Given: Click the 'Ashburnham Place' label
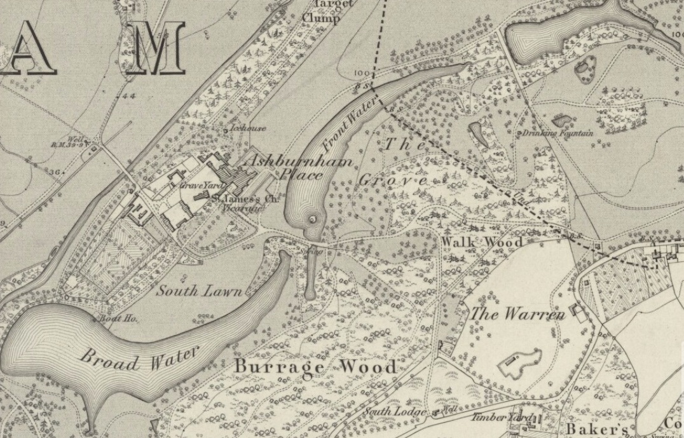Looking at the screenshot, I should point(298,167).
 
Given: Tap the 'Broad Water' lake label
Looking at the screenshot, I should point(139,357).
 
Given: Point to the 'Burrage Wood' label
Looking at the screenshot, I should point(316,367).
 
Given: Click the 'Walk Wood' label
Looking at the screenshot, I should point(482,242).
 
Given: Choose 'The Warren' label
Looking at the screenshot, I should point(517,314).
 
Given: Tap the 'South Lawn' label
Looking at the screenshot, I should point(199,291).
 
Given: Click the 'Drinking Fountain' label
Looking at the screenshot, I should point(557,133).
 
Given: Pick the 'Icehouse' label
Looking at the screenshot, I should point(248,128).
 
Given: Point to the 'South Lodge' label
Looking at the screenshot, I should point(395,412).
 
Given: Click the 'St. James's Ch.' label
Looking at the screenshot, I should point(245,199).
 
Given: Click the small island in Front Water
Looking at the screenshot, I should point(313,219).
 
